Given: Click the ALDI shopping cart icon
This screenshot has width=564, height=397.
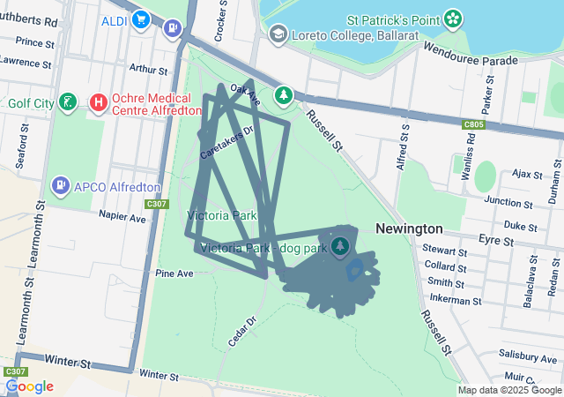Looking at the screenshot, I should click(x=140, y=19).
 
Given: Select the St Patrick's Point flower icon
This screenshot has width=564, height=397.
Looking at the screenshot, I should click(x=453, y=18).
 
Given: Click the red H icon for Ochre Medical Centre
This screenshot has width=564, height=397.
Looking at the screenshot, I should click(x=99, y=103).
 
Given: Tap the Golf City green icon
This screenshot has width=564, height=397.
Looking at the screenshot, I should click(x=67, y=103).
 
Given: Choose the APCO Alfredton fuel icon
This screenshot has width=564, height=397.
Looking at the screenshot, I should click(x=60, y=186).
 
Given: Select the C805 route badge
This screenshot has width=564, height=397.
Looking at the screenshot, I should click(x=473, y=125).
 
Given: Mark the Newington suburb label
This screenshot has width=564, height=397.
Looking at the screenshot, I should click(x=409, y=228).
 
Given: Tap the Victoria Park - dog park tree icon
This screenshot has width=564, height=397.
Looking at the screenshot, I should click(x=341, y=243).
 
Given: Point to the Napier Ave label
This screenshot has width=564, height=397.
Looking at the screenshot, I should click(x=122, y=216).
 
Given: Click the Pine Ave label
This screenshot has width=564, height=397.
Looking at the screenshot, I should click(x=174, y=273).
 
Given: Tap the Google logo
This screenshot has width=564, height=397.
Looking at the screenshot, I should click(x=30, y=386).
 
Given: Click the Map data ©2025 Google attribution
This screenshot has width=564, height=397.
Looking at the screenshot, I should click(x=509, y=390).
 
